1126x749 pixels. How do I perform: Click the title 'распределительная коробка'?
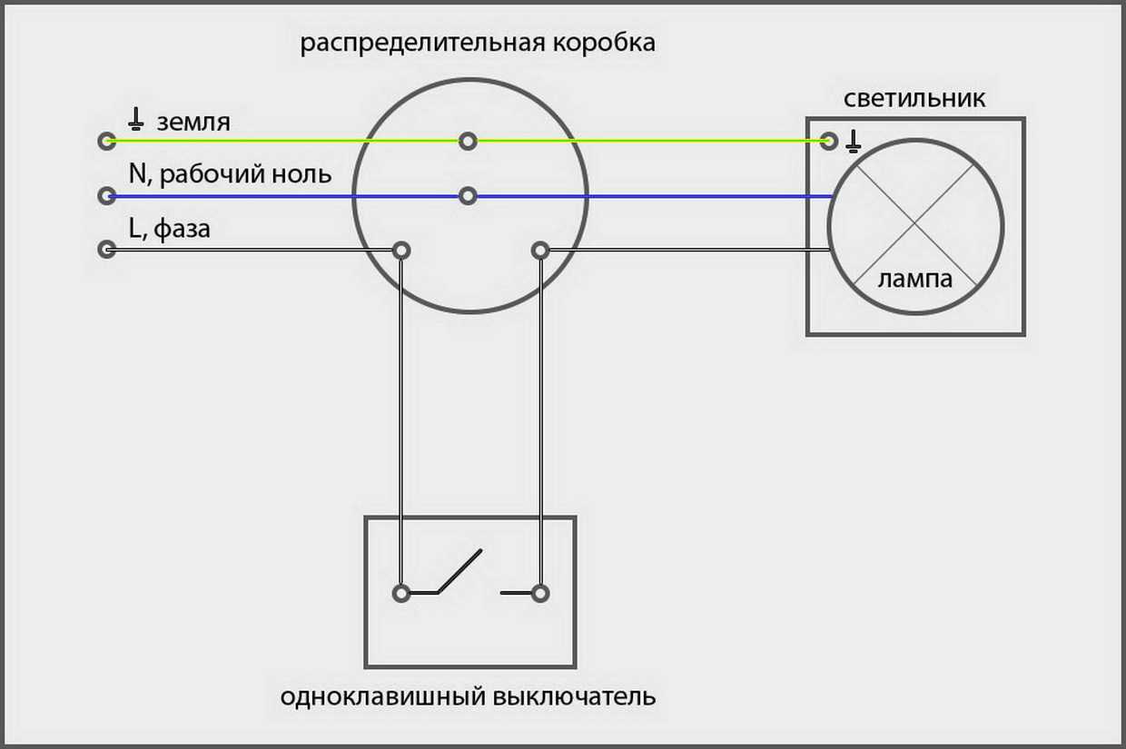(x=478, y=43)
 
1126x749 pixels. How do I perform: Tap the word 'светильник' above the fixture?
(x=914, y=98)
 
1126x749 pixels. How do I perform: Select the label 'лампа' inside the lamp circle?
(x=915, y=279)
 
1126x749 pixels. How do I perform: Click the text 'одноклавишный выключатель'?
(x=468, y=697)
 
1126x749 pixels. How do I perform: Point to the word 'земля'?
(x=193, y=122)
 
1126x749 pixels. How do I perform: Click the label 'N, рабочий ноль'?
(x=230, y=174)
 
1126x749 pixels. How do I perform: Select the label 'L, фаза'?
(x=170, y=228)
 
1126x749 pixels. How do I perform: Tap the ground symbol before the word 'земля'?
(x=136, y=118)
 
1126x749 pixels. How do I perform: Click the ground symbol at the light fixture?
(x=853, y=141)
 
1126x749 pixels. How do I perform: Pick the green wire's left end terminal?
(x=107, y=141)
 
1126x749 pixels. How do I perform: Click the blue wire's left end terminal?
(x=107, y=195)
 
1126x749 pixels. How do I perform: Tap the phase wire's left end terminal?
(x=107, y=249)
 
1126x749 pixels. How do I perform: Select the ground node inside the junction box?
(x=468, y=141)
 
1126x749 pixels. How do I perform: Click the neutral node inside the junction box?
(x=468, y=195)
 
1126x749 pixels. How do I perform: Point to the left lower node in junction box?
(x=400, y=250)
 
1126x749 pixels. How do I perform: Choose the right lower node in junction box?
(x=540, y=250)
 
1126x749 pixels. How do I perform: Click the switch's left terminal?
(x=400, y=593)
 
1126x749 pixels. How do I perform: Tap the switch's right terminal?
(x=540, y=593)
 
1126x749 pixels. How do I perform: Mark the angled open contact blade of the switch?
(x=459, y=571)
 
